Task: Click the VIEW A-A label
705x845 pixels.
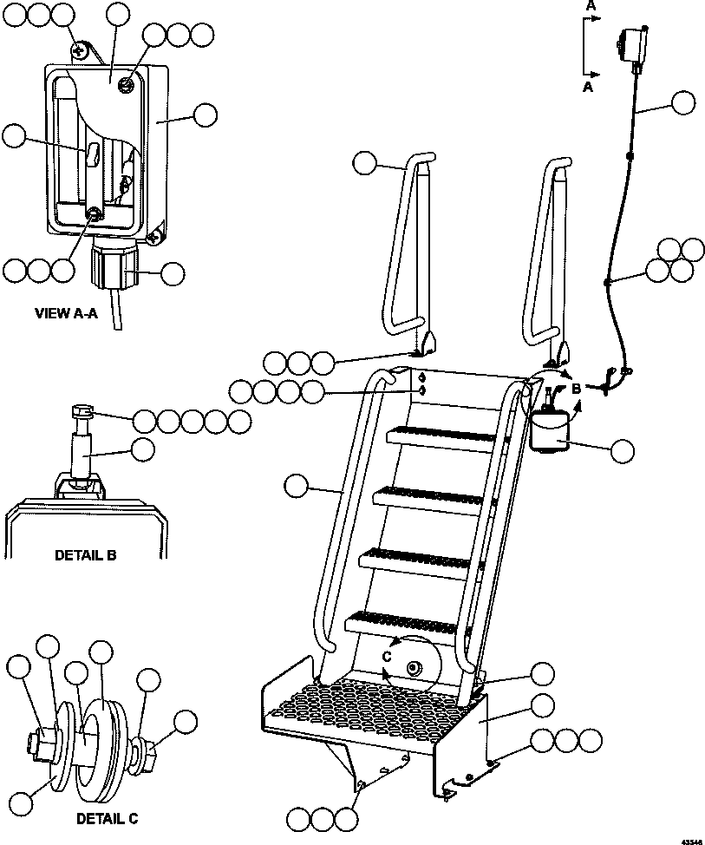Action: pyautogui.click(x=65, y=313)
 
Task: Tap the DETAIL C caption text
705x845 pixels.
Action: pyautogui.click(x=106, y=818)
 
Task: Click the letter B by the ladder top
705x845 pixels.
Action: pyautogui.click(x=576, y=390)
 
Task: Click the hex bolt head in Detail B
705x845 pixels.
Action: pyautogui.click(x=82, y=412)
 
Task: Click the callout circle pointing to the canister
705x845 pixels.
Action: pyautogui.click(x=623, y=450)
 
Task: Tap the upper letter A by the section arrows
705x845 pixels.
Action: pyautogui.click(x=591, y=6)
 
